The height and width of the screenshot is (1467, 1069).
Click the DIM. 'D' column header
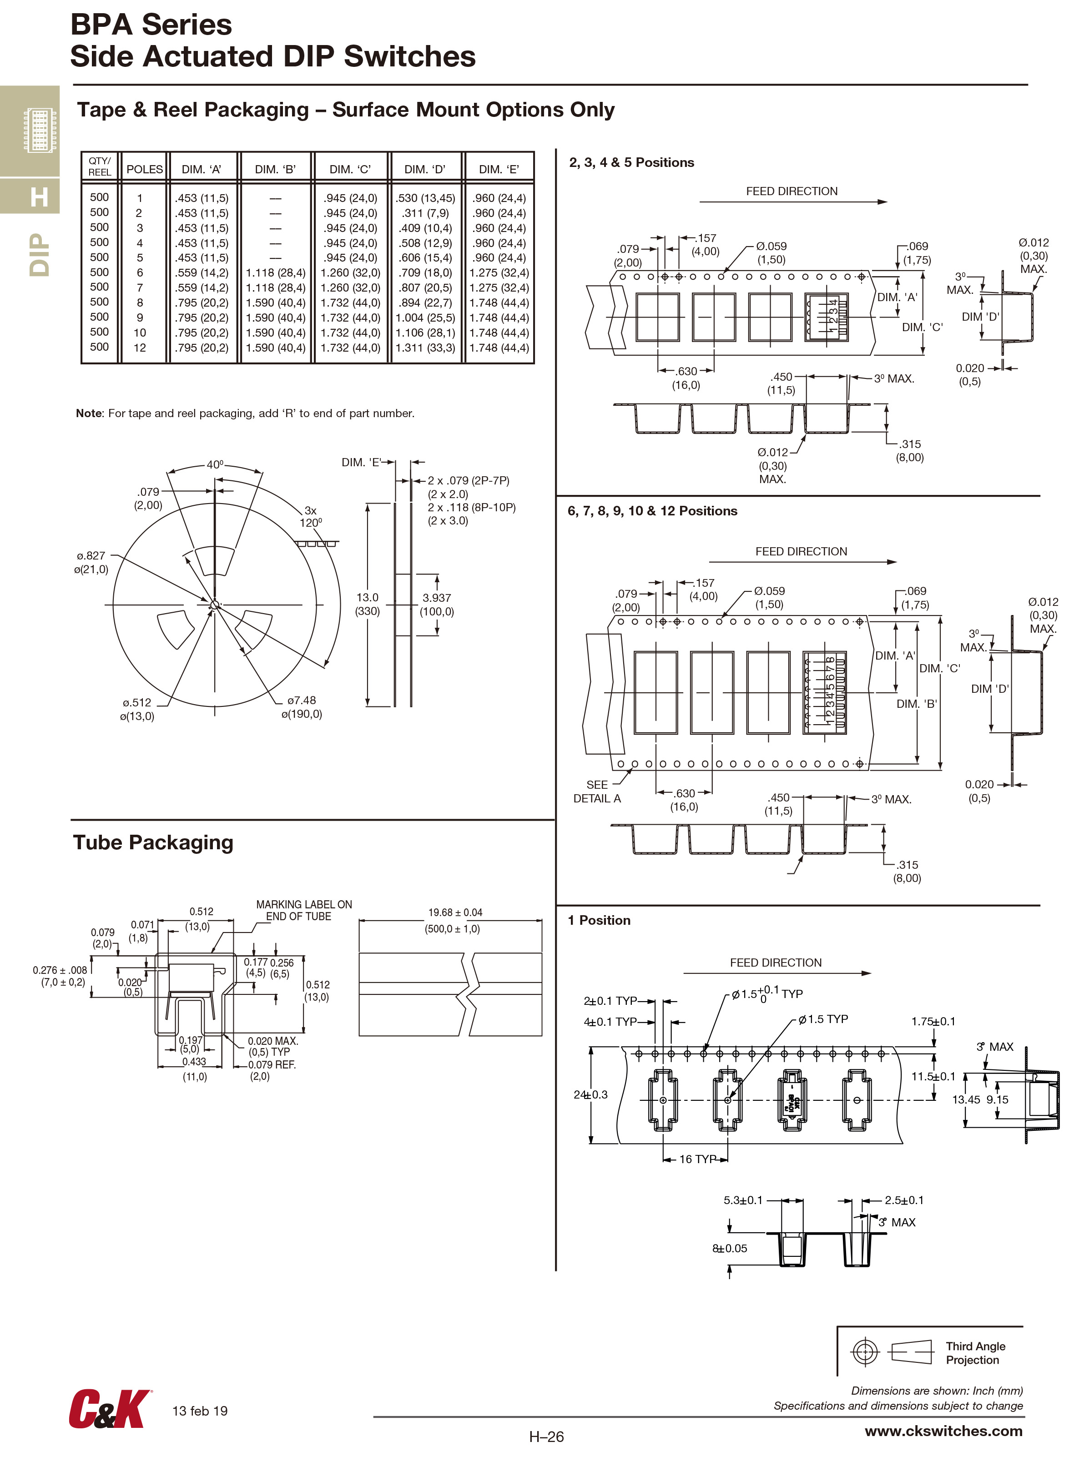click(x=424, y=170)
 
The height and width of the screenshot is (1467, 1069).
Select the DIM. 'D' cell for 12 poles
click(x=424, y=348)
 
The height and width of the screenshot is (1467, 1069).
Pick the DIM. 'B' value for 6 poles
click(x=275, y=273)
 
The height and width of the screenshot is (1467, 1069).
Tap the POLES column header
click(x=144, y=170)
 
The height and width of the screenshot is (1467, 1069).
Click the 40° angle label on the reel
click(x=215, y=464)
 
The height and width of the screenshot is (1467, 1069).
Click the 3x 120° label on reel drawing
click(x=311, y=516)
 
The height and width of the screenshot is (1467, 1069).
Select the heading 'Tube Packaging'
click(x=153, y=842)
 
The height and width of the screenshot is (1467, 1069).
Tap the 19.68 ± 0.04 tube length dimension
click(x=455, y=912)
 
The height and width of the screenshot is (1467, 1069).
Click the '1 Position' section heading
click(x=599, y=920)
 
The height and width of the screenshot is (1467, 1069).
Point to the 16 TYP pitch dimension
click(x=697, y=1159)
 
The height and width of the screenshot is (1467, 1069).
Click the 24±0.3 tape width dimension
click(x=590, y=1094)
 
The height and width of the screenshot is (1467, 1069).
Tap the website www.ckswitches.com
click(x=943, y=1431)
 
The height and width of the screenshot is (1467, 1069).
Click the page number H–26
click(x=546, y=1437)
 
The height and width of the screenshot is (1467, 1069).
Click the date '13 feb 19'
click(x=200, y=1411)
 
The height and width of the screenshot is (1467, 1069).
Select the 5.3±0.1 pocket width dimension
click(x=742, y=1200)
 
